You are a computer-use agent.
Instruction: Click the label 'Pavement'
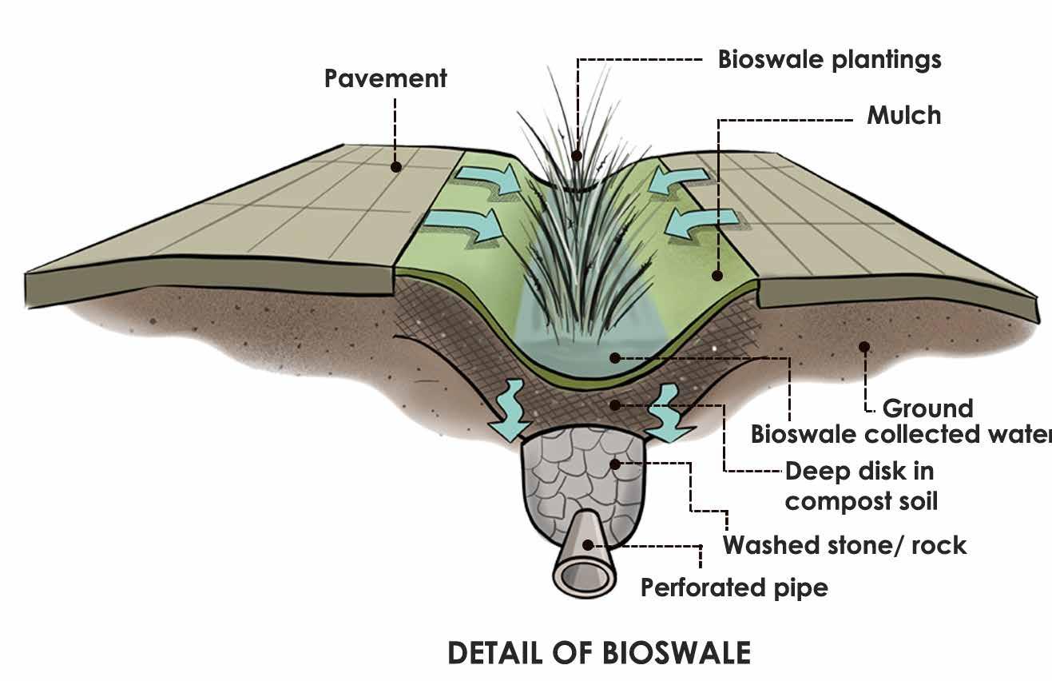(x=385, y=78)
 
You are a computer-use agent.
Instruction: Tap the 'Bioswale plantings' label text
(x=829, y=60)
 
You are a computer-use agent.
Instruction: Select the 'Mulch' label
(x=903, y=116)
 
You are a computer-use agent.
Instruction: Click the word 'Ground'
(x=927, y=408)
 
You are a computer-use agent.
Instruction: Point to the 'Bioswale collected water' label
(x=900, y=434)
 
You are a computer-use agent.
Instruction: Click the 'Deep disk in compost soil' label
(x=860, y=486)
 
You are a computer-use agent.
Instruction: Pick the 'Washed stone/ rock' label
(x=844, y=545)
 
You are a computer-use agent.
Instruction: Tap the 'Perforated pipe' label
(x=734, y=588)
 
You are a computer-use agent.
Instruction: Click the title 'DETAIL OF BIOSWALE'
(x=599, y=653)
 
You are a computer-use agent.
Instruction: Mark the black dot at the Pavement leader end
(x=395, y=167)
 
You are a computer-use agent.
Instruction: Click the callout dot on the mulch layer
(x=717, y=276)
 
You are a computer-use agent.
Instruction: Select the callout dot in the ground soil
(x=863, y=346)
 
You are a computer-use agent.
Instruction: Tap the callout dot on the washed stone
(x=613, y=463)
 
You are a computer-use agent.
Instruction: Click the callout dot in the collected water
(x=613, y=357)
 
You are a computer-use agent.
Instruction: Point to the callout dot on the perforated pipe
(x=589, y=545)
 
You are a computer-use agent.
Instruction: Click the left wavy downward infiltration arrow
(x=508, y=412)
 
